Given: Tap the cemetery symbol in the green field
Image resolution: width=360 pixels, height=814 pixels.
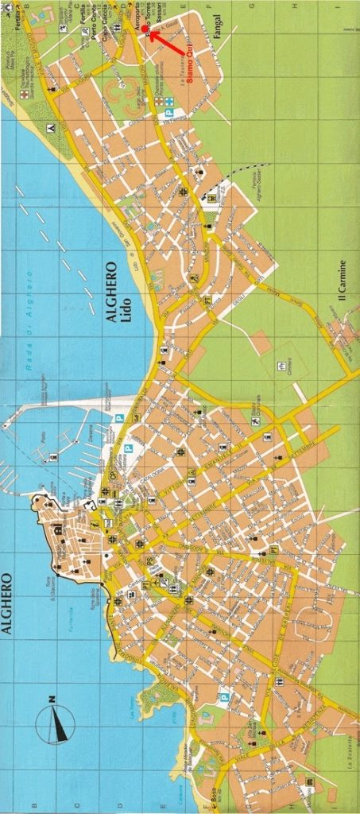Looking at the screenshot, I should click(281, 365).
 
